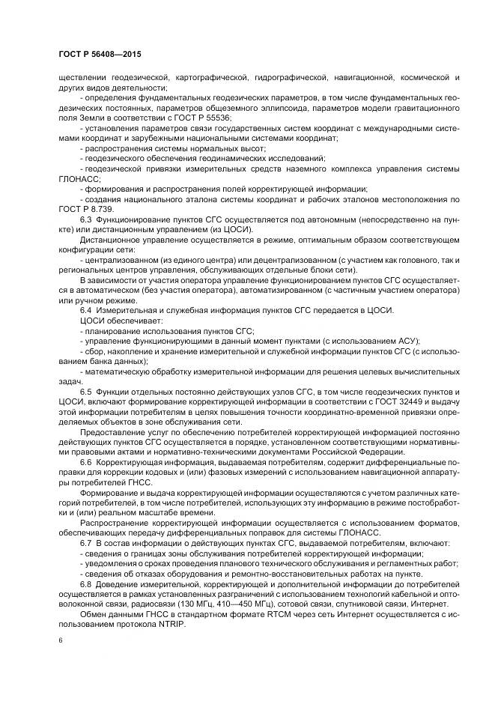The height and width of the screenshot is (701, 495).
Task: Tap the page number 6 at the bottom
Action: coord(61,640)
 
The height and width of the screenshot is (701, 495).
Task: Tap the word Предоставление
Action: coord(115,442)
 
